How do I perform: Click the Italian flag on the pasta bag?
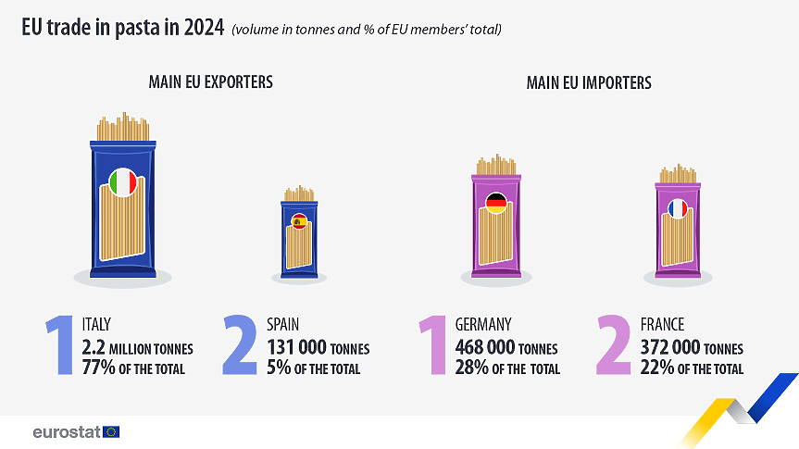tap(122, 182)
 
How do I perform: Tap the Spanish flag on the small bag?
tap(299, 221)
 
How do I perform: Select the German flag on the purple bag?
tap(496, 203)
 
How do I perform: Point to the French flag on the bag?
tap(679, 209)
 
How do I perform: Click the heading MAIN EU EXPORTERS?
tap(210, 82)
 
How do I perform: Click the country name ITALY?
tap(96, 325)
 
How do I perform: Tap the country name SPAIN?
tap(283, 325)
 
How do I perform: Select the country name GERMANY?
tap(483, 325)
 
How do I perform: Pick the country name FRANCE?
tap(662, 325)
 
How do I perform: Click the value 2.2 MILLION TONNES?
tap(138, 348)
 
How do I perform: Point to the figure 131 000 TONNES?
tap(318, 348)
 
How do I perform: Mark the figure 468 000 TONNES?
tap(506, 348)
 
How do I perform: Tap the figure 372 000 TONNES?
tap(691, 348)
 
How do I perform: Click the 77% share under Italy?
tap(97, 368)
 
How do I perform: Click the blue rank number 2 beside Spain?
tap(240, 345)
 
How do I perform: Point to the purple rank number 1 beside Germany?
tap(433, 345)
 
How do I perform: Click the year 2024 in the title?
tap(204, 28)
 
